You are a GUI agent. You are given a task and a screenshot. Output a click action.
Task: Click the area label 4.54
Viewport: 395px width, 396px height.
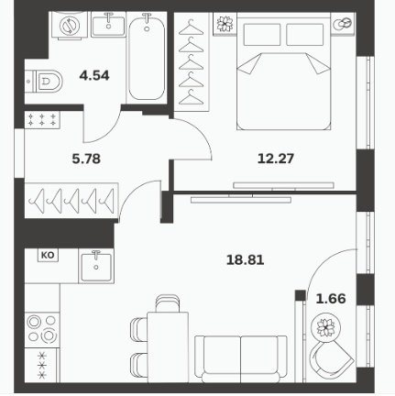click(94, 75)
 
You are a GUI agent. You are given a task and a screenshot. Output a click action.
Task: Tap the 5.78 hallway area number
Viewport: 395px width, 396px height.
click(86, 159)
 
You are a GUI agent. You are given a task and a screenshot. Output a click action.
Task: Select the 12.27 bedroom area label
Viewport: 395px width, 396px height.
click(276, 159)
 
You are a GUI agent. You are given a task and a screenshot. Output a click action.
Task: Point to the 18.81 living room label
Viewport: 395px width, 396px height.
click(246, 260)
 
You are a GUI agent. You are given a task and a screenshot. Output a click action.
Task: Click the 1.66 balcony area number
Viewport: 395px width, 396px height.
click(331, 299)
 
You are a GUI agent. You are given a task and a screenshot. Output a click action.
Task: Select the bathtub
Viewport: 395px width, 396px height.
click(147, 58)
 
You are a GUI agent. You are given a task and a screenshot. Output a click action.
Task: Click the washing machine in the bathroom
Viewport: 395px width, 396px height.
click(70, 25)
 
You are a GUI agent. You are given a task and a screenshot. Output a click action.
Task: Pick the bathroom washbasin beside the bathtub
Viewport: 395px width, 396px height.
click(108, 25)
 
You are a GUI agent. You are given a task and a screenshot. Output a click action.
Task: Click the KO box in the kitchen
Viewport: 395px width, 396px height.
click(48, 255)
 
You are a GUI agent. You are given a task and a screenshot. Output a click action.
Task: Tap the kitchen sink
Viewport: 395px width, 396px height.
click(96, 266)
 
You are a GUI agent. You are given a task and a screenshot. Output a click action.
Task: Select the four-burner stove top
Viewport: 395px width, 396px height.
click(42, 330)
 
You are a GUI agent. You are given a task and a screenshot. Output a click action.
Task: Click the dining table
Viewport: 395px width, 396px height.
click(168, 347)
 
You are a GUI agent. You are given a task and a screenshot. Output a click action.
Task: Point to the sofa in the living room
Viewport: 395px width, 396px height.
click(241, 358)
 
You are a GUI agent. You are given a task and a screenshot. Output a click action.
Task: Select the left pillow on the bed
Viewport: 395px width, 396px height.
click(262, 35)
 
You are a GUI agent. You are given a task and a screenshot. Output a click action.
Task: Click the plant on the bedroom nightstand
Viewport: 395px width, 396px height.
click(225, 23)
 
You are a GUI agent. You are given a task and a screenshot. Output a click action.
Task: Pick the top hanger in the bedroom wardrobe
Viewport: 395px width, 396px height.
click(191, 27)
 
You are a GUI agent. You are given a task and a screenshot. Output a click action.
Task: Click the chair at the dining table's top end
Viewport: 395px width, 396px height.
click(167, 303)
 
